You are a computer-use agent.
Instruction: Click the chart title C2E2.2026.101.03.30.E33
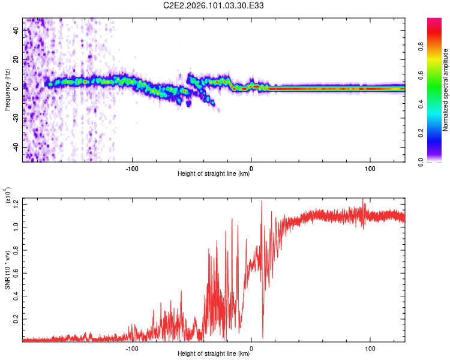pyautogui.click(x=214, y=5)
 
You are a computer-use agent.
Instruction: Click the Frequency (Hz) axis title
pyautogui.click(x=8, y=89)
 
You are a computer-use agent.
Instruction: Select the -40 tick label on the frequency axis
pyautogui.click(x=15, y=147)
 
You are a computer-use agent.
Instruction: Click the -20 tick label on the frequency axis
pyautogui.click(x=15, y=118)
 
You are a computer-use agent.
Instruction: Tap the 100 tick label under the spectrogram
pyautogui.click(x=370, y=168)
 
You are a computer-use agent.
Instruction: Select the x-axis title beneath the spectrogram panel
pyautogui.click(x=214, y=174)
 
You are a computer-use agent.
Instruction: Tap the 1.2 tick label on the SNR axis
pyautogui.click(x=16, y=204)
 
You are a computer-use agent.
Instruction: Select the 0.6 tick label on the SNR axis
pyautogui.click(x=16, y=272)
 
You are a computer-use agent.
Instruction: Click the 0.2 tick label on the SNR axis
pyautogui.click(x=16, y=318)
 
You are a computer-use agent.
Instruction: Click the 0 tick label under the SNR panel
pyautogui.click(x=251, y=348)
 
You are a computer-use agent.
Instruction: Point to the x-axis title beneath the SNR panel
pyautogui.click(x=214, y=354)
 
